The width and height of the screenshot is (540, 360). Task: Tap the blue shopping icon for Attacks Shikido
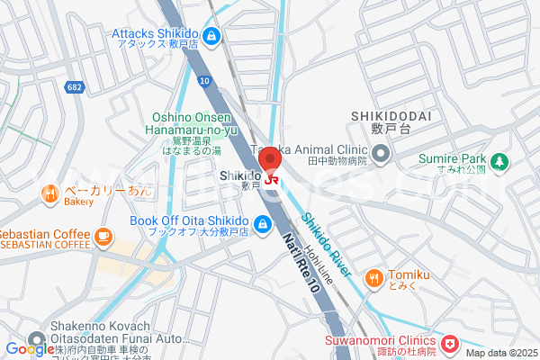pos(211,36)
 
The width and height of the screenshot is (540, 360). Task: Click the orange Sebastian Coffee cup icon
pos(103,237)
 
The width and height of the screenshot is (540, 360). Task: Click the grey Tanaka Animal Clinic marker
pos(381,154)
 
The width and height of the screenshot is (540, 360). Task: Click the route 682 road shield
pos(75,86)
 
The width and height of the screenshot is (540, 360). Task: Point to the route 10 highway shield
pos(205,81)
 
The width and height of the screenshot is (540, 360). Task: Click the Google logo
pos(29,349)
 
